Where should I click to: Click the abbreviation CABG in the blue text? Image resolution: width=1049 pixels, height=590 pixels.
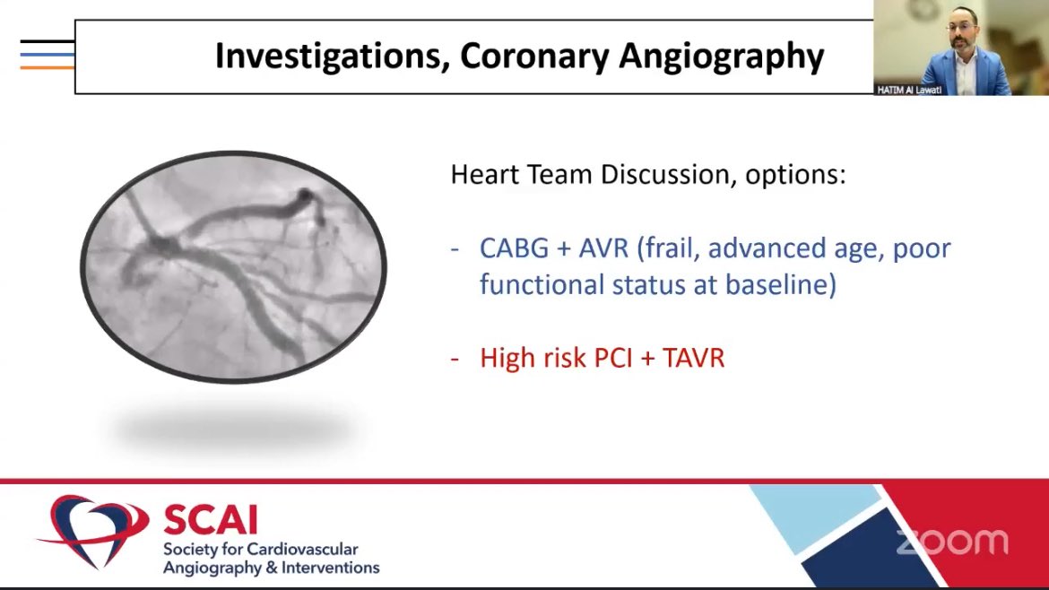click(x=514, y=248)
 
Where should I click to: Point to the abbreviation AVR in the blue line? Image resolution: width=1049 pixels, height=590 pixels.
click(x=603, y=248)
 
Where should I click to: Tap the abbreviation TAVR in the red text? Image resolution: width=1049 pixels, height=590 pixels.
click(x=694, y=358)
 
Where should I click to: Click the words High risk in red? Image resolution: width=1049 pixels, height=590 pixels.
click(x=533, y=358)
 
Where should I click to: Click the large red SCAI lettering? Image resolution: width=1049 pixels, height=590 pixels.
click(x=211, y=519)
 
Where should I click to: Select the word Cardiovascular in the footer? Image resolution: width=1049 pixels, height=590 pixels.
click(x=303, y=549)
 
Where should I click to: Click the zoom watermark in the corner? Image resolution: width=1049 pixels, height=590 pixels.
click(x=952, y=542)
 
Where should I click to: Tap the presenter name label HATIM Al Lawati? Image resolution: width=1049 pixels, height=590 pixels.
click(x=909, y=90)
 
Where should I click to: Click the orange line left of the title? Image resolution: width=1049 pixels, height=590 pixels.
click(x=47, y=67)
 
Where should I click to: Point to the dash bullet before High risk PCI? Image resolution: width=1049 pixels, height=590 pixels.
click(x=455, y=360)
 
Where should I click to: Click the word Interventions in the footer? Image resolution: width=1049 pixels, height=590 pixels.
click(x=331, y=568)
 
